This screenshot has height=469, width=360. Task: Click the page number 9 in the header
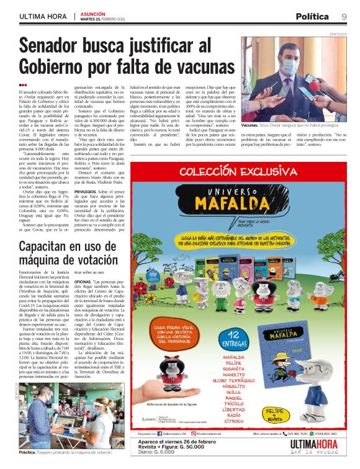344,16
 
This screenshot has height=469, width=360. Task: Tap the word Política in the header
312,16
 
